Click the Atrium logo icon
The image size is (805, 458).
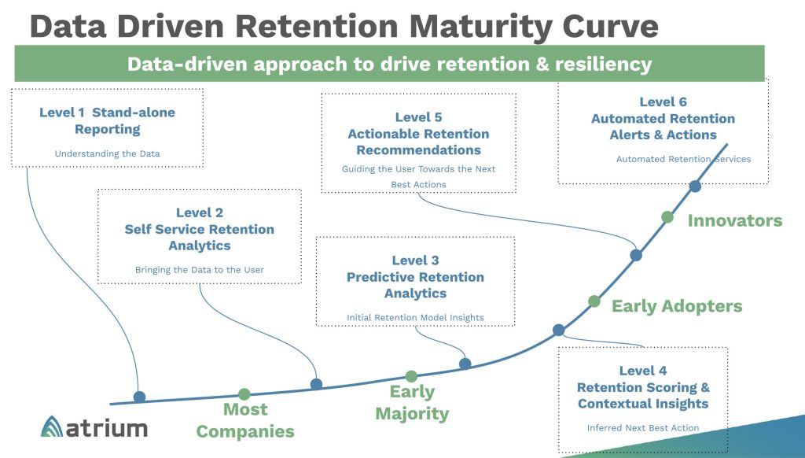[x=54, y=427]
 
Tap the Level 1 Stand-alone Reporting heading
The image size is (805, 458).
[x=107, y=120]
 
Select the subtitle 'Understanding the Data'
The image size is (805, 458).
[x=107, y=153]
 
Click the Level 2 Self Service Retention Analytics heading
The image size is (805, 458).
[x=199, y=229]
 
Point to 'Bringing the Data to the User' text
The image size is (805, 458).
[x=199, y=270]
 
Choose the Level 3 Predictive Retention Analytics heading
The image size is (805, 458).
[x=415, y=277]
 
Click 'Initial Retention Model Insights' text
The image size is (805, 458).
[x=415, y=318]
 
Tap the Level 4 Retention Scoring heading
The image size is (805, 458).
[x=643, y=387]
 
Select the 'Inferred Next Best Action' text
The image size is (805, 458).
[x=643, y=428]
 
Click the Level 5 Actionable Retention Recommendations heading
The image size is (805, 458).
[x=418, y=134]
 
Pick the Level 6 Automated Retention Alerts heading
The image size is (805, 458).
[x=663, y=118]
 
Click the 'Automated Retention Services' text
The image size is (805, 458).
[x=683, y=159]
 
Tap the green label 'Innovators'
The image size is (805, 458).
[x=735, y=220]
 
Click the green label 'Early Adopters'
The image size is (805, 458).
[x=677, y=306]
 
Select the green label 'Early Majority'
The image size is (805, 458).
[x=412, y=402]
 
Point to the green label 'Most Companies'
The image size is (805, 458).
[x=245, y=420]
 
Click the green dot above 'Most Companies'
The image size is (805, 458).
[x=244, y=393]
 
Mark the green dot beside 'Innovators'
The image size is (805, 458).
[x=667, y=216]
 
